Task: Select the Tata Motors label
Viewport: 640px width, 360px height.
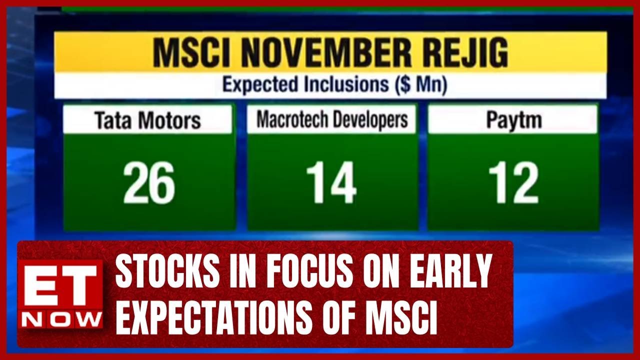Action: pyautogui.click(x=147, y=120)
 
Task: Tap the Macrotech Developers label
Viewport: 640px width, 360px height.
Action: pyautogui.click(x=332, y=119)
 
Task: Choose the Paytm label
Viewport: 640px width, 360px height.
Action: pyautogui.click(x=513, y=120)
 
